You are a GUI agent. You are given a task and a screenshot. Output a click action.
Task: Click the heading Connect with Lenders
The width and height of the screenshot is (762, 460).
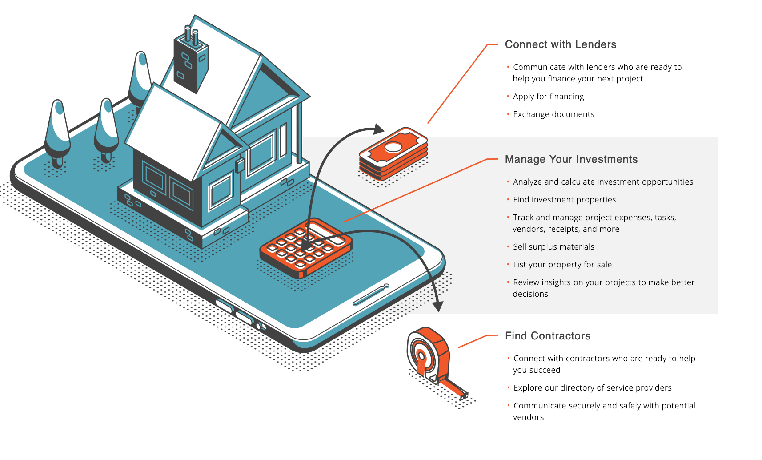(x=560, y=44)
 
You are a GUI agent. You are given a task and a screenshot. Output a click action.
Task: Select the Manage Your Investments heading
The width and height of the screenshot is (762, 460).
(x=571, y=159)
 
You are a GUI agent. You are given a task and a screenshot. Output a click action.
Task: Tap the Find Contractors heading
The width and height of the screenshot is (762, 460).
(x=547, y=336)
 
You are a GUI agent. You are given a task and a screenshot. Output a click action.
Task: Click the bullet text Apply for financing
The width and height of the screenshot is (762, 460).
(x=548, y=97)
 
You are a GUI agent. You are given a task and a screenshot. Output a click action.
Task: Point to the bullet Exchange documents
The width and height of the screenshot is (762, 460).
(x=553, y=114)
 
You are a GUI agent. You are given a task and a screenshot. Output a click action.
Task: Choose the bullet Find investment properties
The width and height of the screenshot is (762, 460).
(x=564, y=200)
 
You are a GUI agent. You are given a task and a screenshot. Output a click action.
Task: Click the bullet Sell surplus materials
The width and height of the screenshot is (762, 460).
(x=553, y=247)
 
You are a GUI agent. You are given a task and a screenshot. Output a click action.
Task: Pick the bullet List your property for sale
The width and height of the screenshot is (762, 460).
(x=562, y=265)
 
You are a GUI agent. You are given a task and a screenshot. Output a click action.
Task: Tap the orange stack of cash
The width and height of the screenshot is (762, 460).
(x=393, y=153)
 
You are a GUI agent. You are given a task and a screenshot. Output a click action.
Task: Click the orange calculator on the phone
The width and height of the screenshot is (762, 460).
(x=306, y=248)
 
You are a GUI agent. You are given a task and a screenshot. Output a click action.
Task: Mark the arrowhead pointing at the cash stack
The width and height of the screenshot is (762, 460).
(x=379, y=129)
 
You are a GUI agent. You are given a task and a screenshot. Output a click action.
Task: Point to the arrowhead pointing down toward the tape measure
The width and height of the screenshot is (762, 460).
(x=438, y=307)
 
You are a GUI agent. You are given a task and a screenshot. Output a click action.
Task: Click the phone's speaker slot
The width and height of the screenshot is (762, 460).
(x=369, y=296)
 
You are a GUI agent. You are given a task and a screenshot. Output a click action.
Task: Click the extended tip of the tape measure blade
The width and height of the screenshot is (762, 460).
(x=464, y=395)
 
